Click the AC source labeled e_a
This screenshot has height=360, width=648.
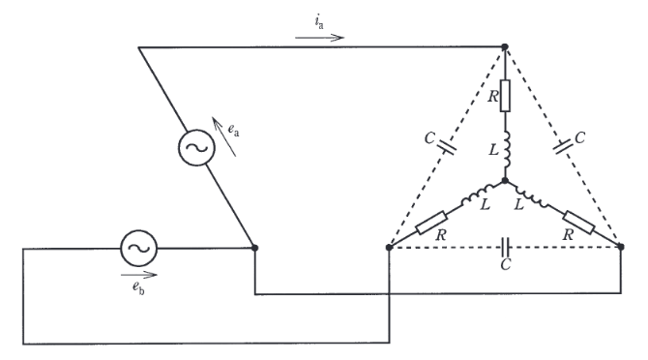[x=196, y=147]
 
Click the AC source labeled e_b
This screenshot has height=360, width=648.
[x=139, y=248]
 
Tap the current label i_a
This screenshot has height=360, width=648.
[x=318, y=22]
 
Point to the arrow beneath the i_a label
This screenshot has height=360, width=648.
[x=319, y=38]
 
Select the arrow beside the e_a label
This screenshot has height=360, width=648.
[x=224, y=136]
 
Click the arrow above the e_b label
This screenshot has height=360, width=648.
[x=139, y=275]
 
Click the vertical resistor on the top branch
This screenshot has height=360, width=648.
[x=505, y=96]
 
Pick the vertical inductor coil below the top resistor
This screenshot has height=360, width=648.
[x=507, y=150]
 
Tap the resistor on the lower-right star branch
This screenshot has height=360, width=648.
[x=578, y=223]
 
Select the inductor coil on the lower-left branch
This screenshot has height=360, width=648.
[x=478, y=195]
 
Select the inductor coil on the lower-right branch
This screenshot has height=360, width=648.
[x=532, y=195]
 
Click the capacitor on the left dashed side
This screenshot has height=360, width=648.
[x=447, y=147]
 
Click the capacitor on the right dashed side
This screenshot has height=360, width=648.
[x=563, y=147]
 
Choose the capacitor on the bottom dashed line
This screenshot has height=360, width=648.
[x=505, y=247]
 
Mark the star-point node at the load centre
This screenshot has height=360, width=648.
[x=505, y=181]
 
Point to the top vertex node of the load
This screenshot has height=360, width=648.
[x=505, y=47]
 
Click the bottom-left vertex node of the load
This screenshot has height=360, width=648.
[x=389, y=247]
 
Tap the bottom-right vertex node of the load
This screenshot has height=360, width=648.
[x=621, y=247]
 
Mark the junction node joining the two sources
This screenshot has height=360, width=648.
[x=255, y=248]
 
